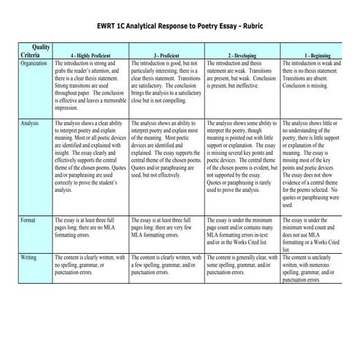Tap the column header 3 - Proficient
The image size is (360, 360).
tap(167, 55)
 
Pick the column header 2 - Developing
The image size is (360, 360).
tap(241, 55)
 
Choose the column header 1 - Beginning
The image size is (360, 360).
tap(316, 55)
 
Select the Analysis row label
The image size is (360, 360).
tap(30, 124)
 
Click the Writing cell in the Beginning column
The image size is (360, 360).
tap(316, 268)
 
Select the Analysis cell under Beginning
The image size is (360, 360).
tap(316, 164)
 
